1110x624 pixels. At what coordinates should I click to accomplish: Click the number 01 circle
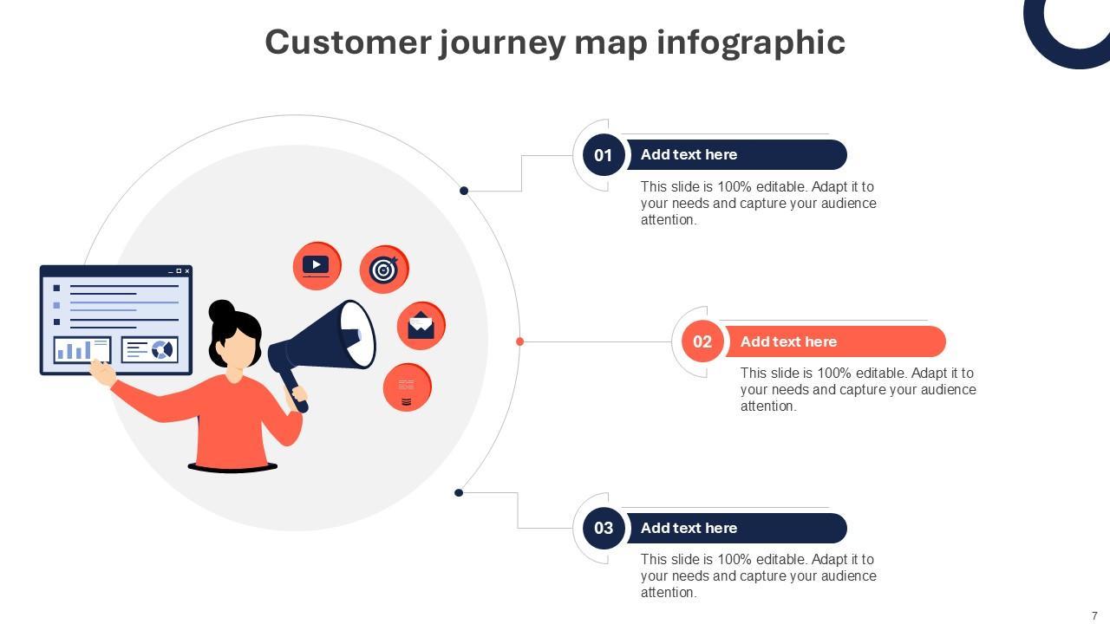(x=604, y=155)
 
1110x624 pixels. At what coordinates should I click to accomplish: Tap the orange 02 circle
(x=702, y=341)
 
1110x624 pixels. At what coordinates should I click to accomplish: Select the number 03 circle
(x=604, y=528)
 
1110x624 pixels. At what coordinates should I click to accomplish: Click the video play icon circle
(x=317, y=265)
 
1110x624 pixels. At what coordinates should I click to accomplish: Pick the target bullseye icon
(x=384, y=270)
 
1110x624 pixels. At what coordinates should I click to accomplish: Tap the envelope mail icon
(x=421, y=326)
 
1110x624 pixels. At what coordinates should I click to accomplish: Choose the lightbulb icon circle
(x=407, y=387)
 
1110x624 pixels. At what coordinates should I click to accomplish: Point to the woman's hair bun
(x=221, y=310)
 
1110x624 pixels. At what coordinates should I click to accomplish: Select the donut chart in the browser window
(x=161, y=349)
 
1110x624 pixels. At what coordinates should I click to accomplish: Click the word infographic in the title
(x=751, y=42)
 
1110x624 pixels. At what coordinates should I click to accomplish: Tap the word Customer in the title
(x=348, y=42)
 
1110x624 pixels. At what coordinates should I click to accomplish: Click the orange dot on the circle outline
(x=519, y=341)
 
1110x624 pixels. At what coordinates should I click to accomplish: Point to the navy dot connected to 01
(x=464, y=191)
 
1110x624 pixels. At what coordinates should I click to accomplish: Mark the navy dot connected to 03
(x=459, y=493)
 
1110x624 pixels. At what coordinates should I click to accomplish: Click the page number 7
(x=1094, y=616)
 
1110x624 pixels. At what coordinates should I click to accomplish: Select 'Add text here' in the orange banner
(x=788, y=341)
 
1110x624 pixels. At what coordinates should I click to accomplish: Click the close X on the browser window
(x=187, y=271)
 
